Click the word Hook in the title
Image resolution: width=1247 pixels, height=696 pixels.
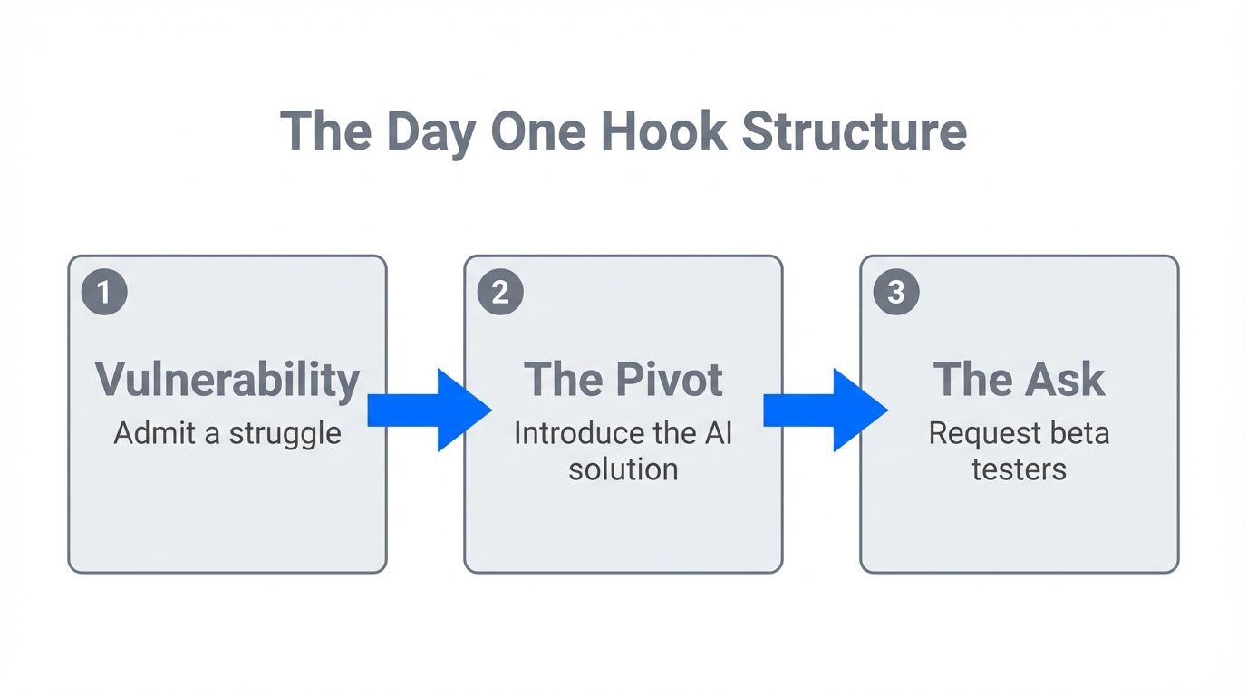[663, 131]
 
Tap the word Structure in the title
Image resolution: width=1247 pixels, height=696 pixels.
[854, 131]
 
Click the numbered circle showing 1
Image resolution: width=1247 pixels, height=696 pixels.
[104, 292]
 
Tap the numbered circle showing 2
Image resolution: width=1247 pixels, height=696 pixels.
[500, 292]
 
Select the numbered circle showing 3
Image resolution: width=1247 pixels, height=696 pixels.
[896, 292]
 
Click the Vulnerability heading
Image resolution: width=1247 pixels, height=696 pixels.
[227, 380]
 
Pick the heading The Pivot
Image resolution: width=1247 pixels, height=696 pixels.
[623, 379]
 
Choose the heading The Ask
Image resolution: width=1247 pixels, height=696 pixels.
[1019, 379]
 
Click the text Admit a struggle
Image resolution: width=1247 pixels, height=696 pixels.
[227, 433]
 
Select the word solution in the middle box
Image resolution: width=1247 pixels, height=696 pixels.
[623, 469]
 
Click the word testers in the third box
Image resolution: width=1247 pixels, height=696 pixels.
[1019, 469]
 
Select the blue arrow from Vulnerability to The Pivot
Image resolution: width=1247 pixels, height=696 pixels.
[429, 410]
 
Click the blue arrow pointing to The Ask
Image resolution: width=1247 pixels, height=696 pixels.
[825, 410]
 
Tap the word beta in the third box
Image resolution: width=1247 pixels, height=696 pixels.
[1080, 433]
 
